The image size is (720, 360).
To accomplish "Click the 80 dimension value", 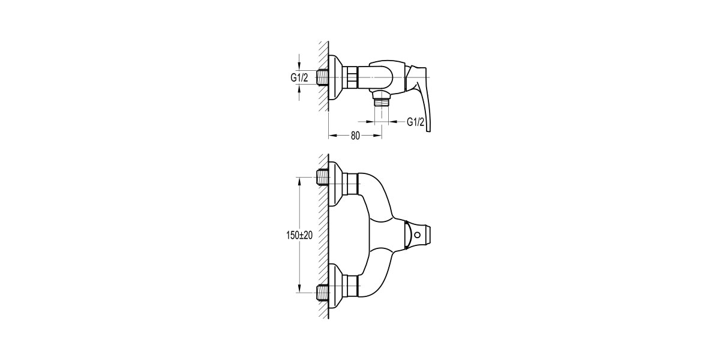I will pos(355,136).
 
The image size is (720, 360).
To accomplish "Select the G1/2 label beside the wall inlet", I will pos(299,78).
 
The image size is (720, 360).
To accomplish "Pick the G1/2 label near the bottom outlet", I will pos(416,122).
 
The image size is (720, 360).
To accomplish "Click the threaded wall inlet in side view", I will pos(324,78).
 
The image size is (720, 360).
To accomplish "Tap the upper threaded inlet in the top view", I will pos(323,176).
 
